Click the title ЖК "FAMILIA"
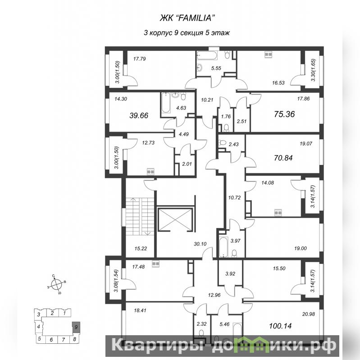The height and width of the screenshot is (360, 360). click(187, 18)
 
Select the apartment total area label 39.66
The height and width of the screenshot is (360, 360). click(139, 115)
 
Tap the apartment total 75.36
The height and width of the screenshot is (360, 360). click(284, 114)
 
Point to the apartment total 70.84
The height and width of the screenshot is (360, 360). click(283, 158)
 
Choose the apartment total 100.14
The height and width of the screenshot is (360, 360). click(280, 326)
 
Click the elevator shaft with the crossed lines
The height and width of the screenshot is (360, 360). click(175, 219)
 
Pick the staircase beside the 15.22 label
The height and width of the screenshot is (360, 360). click(140, 216)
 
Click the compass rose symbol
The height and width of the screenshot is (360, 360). click(56, 284)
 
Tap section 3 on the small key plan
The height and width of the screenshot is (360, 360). click(39, 314)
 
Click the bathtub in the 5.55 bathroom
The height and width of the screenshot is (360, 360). click(207, 55)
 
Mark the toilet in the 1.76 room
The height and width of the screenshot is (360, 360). click(226, 128)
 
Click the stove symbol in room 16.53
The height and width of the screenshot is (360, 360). click(268, 55)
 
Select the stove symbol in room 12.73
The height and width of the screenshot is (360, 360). click(150, 171)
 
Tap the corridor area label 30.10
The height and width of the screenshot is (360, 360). click(200, 244)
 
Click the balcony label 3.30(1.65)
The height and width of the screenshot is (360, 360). click(314, 70)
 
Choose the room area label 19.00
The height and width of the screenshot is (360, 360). click(301, 248)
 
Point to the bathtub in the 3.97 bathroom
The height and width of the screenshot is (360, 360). click(223, 247)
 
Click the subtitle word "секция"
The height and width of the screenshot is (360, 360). click(191, 33)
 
